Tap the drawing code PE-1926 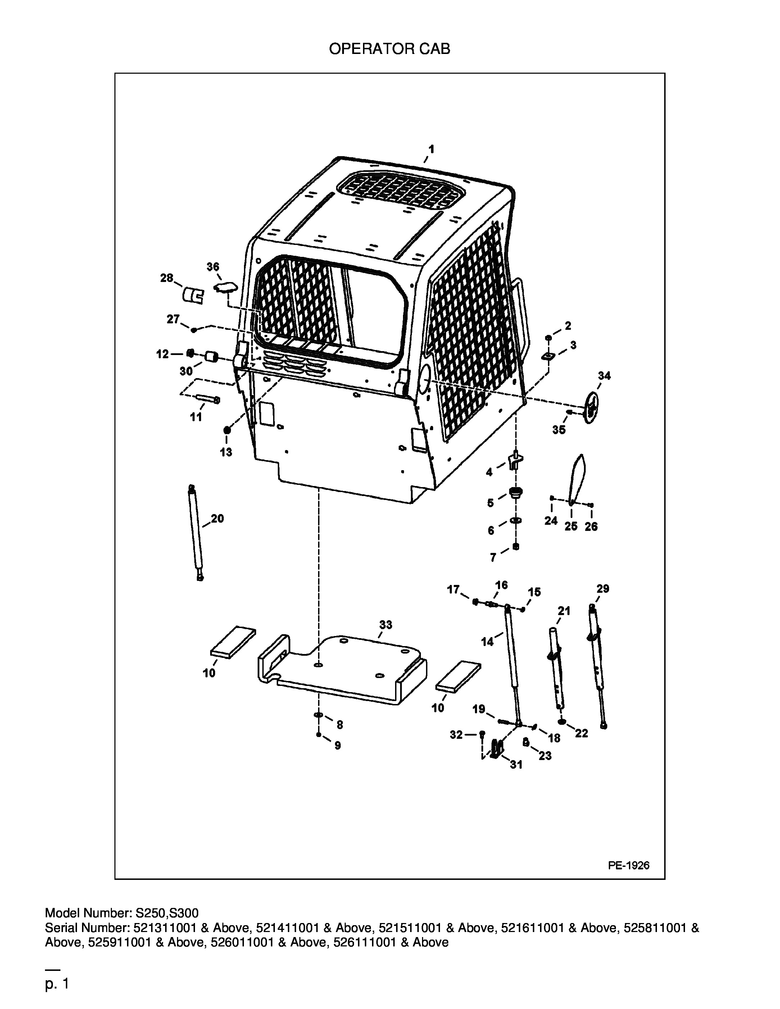[629, 865]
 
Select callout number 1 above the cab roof [431, 149]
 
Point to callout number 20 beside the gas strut [217, 518]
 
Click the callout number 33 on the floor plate [386, 624]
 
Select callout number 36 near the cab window [213, 267]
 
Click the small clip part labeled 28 [193, 296]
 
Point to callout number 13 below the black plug [226, 452]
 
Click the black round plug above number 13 [226, 431]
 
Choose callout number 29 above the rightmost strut [603, 588]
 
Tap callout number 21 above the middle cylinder [564, 611]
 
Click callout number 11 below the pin [196, 417]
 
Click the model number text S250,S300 [167, 913]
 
